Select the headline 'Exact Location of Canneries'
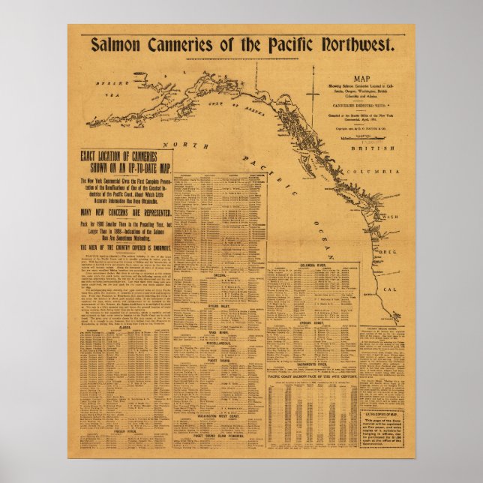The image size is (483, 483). tap(126, 160)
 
